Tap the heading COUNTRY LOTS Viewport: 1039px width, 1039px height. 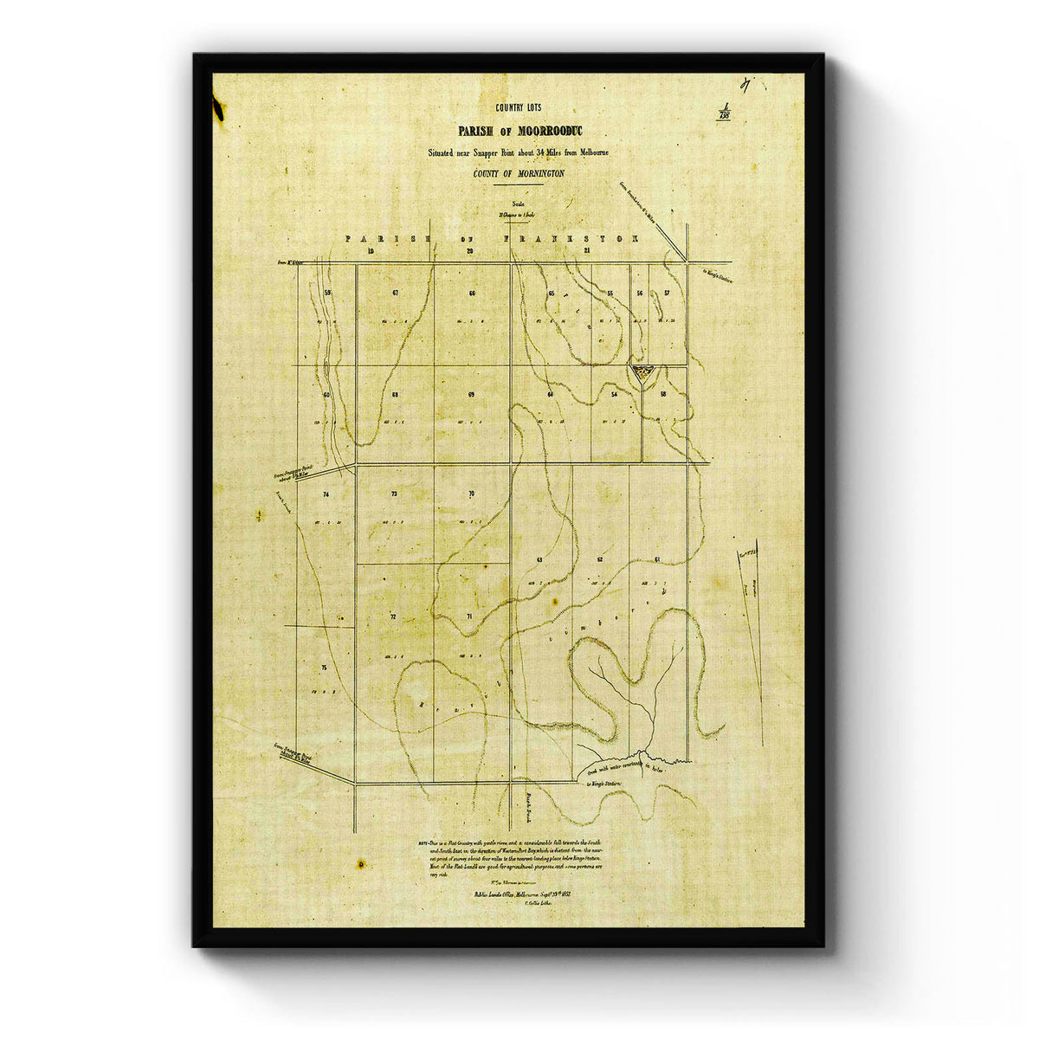tap(516, 108)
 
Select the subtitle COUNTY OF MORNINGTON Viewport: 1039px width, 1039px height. tap(519, 173)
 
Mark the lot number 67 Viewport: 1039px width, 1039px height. tap(395, 294)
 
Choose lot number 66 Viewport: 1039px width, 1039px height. tap(472, 294)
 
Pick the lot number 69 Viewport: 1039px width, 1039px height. tap(471, 395)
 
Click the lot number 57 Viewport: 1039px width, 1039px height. tap(667, 294)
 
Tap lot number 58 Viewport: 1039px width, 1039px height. tap(664, 395)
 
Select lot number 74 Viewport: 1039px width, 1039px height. tap(326, 494)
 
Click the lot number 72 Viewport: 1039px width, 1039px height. tap(393, 616)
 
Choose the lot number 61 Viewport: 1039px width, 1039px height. tap(658, 559)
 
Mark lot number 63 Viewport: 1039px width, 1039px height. tap(539, 560)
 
